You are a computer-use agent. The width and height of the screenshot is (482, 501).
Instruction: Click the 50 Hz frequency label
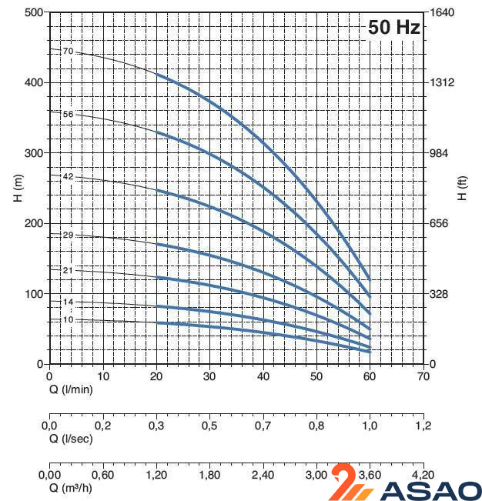393,27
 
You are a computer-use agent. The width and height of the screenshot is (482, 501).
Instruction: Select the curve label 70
68,51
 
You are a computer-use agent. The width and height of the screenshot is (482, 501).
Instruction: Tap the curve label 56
68,114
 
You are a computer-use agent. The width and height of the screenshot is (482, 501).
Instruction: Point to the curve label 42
68,176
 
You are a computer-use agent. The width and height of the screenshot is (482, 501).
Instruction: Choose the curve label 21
68,270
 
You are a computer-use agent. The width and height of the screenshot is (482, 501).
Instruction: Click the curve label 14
68,302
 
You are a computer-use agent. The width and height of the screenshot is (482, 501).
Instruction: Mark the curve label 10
68,319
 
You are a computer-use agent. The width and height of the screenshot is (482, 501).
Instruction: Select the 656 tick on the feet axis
439,223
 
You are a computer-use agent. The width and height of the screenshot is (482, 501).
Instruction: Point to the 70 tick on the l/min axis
423,377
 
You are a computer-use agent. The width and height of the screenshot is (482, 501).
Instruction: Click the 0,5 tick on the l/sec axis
209,426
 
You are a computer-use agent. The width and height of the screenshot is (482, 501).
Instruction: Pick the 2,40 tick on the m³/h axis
263,475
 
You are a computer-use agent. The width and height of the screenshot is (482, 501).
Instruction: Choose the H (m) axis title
18,188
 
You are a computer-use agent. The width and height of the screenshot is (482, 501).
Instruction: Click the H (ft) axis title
461,188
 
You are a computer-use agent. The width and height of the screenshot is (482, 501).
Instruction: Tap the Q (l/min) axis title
72,390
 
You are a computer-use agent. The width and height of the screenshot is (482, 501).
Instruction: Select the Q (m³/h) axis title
72,487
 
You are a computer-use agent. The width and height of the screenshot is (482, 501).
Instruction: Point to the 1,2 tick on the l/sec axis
423,426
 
